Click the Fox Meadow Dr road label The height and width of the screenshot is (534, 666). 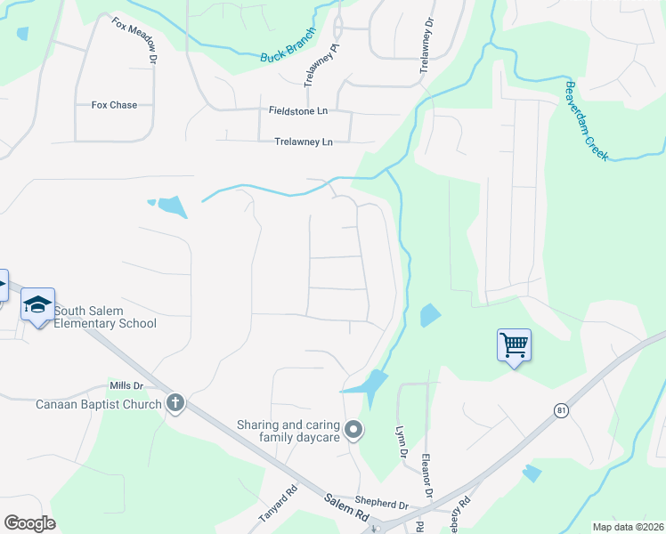[x=134, y=39]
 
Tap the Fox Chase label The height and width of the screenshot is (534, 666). [x=114, y=105]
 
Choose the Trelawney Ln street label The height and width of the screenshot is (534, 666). [x=303, y=142]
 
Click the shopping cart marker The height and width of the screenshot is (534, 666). [x=515, y=344]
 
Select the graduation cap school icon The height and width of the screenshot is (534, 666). [x=38, y=305]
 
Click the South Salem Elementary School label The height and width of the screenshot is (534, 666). [x=105, y=317]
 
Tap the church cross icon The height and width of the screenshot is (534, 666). [x=175, y=403]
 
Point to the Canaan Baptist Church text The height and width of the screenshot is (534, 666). [x=99, y=404]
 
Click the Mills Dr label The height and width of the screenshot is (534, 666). [x=126, y=385]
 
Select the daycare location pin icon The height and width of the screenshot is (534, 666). [x=353, y=431]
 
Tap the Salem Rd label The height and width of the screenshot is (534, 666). [x=347, y=512]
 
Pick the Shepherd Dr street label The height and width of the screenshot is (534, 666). [x=380, y=503]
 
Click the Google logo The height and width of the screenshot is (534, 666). [x=29, y=523]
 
